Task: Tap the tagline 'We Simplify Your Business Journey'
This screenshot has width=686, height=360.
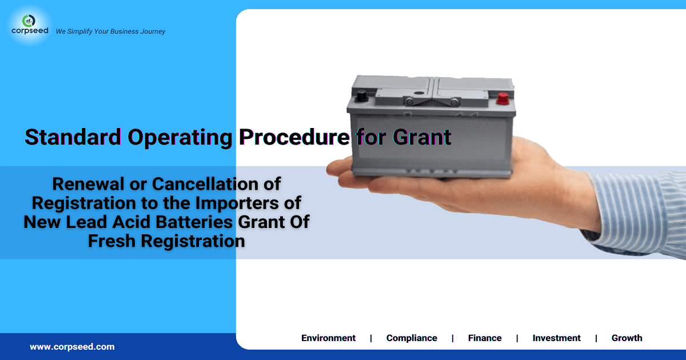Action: (x=110, y=31)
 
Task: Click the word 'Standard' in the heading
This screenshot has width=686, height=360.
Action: (x=73, y=137)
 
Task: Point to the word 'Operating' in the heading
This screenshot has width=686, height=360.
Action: (x=179, y=137)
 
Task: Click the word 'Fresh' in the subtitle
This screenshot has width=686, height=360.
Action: (x=112, y=241)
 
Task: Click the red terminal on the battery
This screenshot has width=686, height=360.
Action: (x=503, y=98)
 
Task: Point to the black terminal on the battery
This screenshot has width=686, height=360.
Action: (x=362, y=97)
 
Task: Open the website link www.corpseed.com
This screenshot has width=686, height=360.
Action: (x=72, y=347)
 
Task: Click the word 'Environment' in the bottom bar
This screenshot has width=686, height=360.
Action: (x=328, y=338)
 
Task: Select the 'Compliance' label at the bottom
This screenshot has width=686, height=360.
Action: (x=412, y=338)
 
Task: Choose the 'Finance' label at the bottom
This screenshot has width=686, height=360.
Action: (x=485, y=338)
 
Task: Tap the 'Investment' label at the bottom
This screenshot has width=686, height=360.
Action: (x=556, y=338)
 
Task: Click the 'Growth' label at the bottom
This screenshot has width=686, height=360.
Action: (x=627, y=338)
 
